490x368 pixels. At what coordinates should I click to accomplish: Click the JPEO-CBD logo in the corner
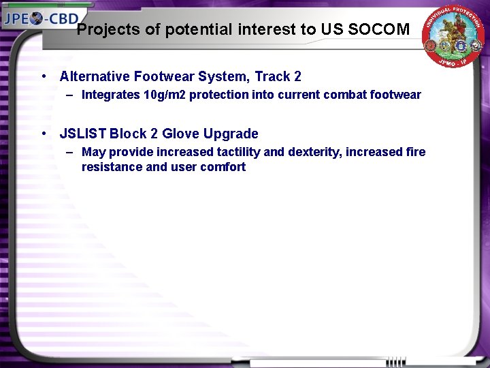(x=41, y=18)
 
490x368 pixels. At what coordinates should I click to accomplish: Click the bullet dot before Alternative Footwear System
(x=44, y=76)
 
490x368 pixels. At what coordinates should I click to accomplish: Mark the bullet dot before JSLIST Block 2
(x=44, y=134)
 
